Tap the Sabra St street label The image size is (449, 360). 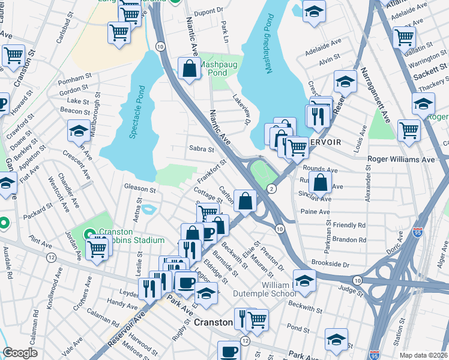click(x=202, y=149)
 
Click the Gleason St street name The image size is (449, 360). click(x=140, y=190)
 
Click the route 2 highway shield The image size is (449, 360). click(x=272, y=189)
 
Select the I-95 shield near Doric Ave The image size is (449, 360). click(x=418, y=231)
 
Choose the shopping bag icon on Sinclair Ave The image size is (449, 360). click(x=321, y=183)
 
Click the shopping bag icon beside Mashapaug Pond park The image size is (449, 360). click(x=190, y=70)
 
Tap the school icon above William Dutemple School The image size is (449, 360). click(x=305, y=281)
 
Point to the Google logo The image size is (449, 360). click(x=20, y=353)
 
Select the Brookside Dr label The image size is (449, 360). click(x=330, y=264)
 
